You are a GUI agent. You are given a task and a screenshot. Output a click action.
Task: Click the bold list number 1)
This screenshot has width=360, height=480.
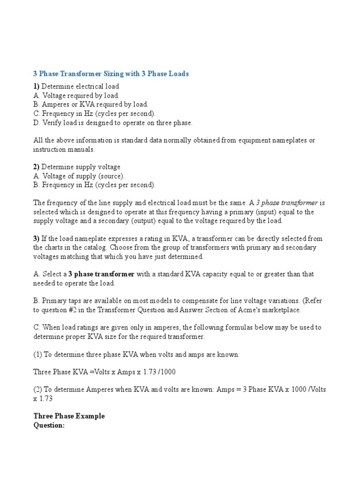[37, 86]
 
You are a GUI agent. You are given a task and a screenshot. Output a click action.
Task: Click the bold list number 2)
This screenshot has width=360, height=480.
[37, 167]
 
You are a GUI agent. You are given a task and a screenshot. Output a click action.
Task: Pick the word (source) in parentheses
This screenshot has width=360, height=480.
[110, 176]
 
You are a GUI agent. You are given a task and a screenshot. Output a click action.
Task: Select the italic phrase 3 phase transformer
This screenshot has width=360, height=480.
[287, 202]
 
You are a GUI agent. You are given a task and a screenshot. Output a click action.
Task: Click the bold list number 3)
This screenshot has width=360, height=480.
[37, 239]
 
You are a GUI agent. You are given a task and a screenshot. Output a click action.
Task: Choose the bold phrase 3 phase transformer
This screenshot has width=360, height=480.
[102, 274]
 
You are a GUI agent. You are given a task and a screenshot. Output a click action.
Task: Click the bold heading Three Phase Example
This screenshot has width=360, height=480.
[69, 416]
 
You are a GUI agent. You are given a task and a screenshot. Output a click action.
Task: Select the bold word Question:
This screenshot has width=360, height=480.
[49, 425]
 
